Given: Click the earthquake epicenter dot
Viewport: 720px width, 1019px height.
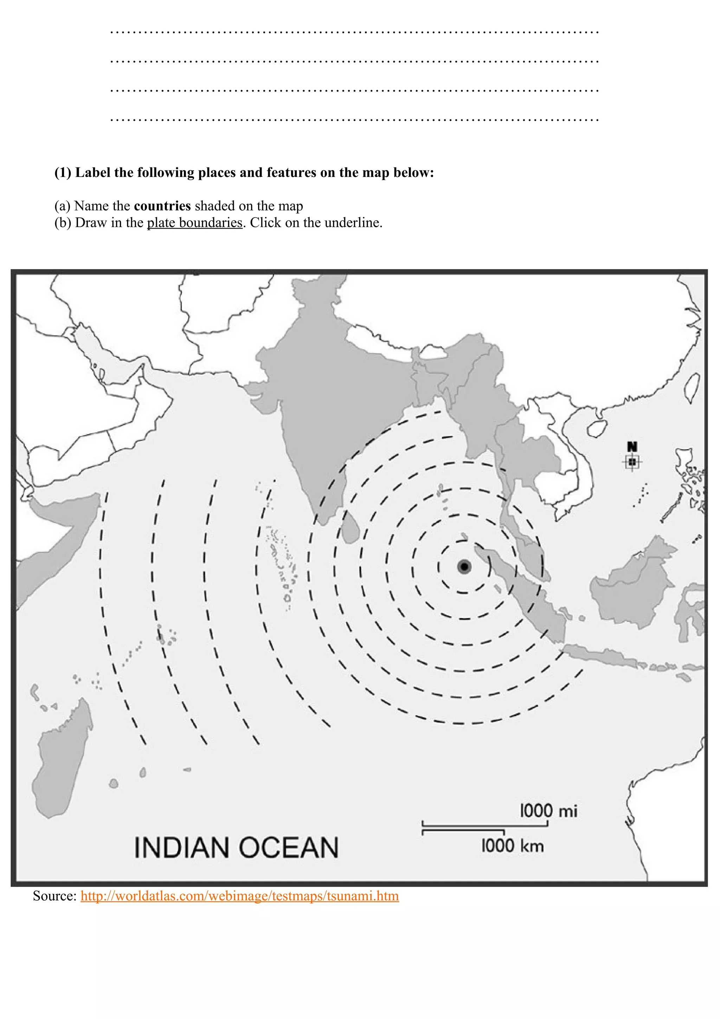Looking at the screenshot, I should [464, 567].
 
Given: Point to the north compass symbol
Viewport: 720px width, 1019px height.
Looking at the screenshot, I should [632, 457].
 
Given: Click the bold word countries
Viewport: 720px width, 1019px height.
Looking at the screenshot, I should [162, 206].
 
